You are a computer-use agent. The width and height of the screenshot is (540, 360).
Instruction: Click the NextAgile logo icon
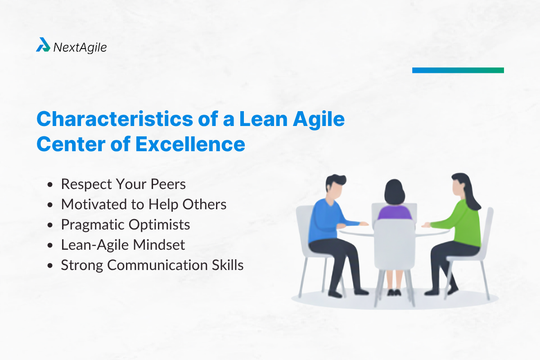pos(43,45)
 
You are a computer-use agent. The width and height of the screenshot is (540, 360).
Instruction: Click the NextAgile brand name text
pos(80,47)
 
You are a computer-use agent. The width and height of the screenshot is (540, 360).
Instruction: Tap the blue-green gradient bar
pos(458,70)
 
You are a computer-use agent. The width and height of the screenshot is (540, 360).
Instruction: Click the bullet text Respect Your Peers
pos(123,184)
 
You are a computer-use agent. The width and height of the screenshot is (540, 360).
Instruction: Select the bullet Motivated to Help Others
pos(143,204)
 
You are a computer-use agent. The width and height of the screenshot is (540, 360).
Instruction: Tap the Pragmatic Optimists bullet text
pos(125,225)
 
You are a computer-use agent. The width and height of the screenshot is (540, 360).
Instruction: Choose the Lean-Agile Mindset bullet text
pos(123,245)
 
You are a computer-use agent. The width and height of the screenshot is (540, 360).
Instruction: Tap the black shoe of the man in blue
pos(335,293)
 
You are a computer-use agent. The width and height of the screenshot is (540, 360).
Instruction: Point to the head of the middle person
pos(395,191)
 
